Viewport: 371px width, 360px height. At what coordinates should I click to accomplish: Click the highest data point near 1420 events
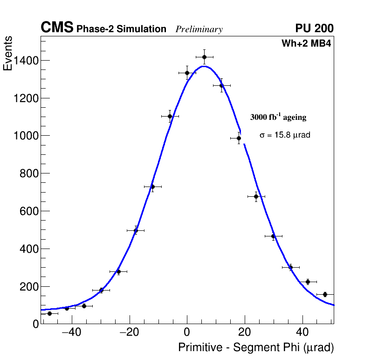(204, 57)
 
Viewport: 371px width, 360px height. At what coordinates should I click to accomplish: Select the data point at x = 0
(187, 73)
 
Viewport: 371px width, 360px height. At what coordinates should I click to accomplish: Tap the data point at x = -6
(170, 116)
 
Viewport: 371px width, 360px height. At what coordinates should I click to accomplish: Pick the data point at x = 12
(221, 85)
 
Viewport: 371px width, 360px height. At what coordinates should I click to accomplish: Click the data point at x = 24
(256, 196)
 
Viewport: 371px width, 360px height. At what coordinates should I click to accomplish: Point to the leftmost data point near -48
(49, 313)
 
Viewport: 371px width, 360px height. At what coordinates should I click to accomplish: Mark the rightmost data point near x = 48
(325, 294)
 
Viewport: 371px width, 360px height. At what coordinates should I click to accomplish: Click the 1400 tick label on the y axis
(26, 61)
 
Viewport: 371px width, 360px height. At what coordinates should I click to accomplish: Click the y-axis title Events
(8, 54)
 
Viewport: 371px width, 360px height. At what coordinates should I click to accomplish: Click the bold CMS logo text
(57, 28)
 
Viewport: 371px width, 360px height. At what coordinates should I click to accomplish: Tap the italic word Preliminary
(199, 29)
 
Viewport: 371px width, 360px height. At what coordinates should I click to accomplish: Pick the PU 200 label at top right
(315, 28)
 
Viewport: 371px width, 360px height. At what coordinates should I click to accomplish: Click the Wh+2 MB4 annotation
(306, 44)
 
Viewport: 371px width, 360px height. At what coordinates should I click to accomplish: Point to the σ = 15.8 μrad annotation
(285, 135)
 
